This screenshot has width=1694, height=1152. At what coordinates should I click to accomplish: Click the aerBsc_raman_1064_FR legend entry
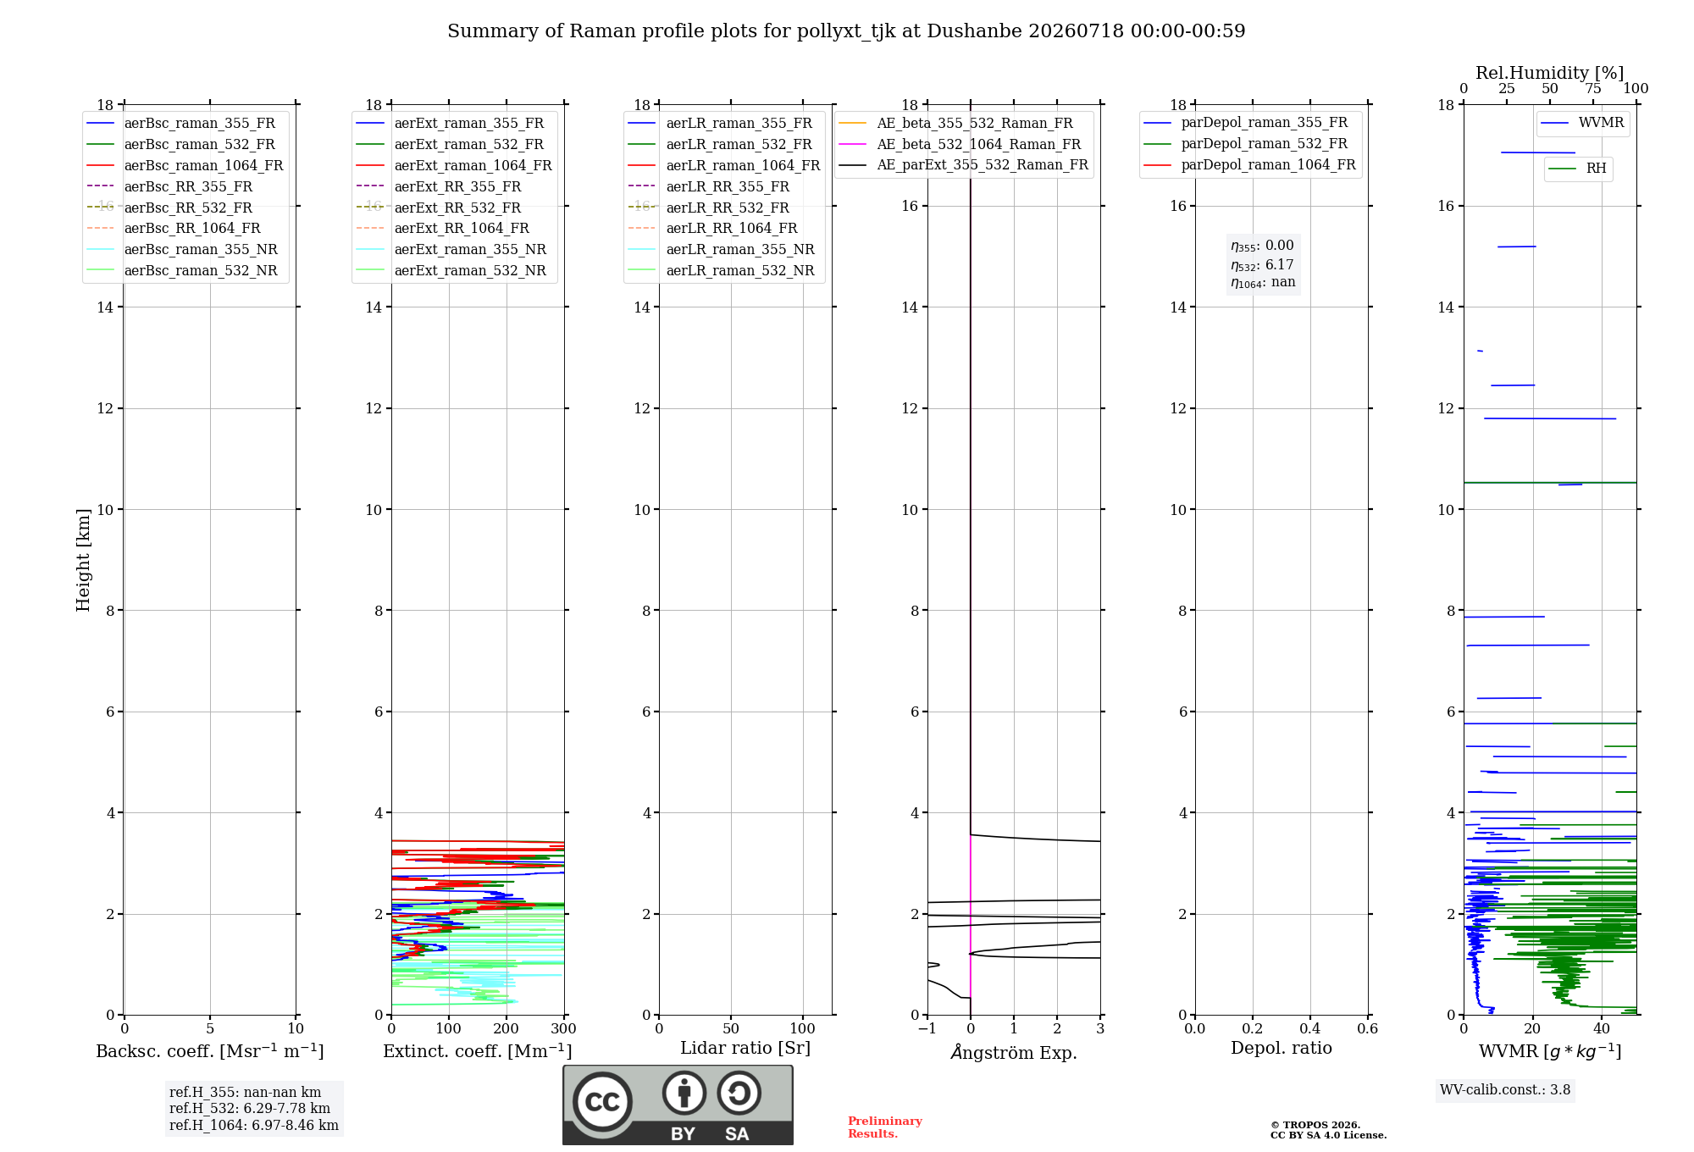coord(185,165)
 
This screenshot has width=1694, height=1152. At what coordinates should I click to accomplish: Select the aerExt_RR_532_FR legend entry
coord(439,208)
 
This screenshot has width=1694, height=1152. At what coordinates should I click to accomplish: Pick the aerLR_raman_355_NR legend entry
coord(722,249)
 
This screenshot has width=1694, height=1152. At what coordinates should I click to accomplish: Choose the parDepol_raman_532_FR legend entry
coord(1245,144)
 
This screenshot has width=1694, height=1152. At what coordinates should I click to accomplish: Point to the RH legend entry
coord(1578,169)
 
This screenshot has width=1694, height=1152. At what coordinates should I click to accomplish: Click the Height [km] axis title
coord(83,560)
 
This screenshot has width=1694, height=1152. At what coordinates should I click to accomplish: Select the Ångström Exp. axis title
coord(1014,1052)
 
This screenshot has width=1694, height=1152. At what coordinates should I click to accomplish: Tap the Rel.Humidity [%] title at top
coord(1549,73)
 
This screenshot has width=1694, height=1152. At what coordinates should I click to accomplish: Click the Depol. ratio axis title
coord(1282,1048)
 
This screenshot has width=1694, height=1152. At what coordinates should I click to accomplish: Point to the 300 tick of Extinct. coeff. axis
coord(564,1028)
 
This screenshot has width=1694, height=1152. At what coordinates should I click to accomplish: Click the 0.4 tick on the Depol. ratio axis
coord(1310,1028)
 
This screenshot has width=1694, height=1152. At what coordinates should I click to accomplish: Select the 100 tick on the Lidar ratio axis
coord(803,1028)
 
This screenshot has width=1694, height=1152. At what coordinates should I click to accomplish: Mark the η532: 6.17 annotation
coord(1262,265)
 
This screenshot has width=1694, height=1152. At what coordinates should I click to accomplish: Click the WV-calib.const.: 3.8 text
coord(1505,1090)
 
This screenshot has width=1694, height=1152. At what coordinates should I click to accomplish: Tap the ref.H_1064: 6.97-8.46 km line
coord(254,1126)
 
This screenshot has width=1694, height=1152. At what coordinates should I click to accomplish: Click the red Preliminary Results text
coord(885,1127)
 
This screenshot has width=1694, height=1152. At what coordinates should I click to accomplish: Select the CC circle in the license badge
coord(602,1101)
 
